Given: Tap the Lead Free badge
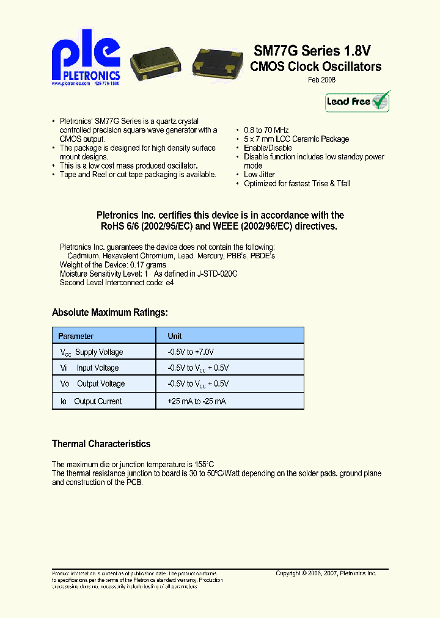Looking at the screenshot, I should [x=358, y=101].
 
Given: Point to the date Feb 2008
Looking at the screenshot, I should [x=321, y=79].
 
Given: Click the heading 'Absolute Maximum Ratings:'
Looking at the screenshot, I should [x=109, y=313].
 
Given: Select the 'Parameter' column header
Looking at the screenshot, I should [x=76, y=336].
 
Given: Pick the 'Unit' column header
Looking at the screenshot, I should [x=175, y=336].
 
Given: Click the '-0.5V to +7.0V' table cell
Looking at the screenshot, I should [x=191, y=352].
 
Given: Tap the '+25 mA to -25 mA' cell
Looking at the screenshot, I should [x=196, y=401].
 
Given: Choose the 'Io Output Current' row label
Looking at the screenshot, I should [x=91, y=401].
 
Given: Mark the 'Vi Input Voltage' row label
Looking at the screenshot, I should [x=89, y=368].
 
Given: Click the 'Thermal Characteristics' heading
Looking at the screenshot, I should [x=101, y=444].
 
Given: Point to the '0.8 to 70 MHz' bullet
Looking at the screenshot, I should [x=266, y=130].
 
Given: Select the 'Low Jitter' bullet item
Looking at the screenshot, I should [x=260, y=175].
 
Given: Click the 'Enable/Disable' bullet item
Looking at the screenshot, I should [x=268, y=148].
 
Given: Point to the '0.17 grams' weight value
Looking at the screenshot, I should [x=147, y=265].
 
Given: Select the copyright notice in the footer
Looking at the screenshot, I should [x=325, y=573].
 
